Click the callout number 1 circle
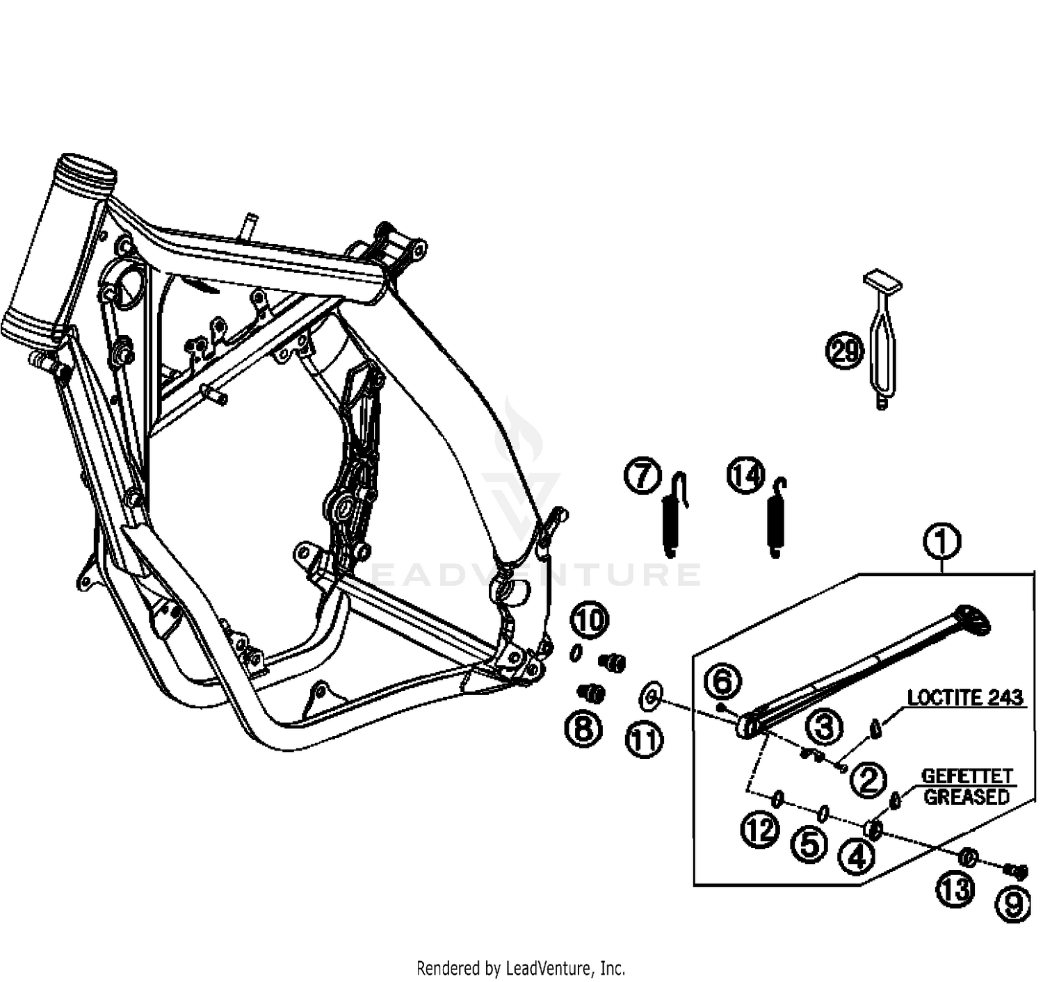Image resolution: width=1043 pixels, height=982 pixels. pos(942,542)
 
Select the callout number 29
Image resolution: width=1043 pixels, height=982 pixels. pos(844,351)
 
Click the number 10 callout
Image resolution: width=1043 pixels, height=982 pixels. pos(590,620)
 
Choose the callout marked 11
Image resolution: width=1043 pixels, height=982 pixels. pos(644,741)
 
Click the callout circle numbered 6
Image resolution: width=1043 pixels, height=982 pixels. pos(723,682)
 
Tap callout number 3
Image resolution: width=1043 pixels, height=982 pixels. pos(824,728)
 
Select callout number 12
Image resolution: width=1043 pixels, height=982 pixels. pos(760,829)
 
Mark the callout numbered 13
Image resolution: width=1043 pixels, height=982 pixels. pos(956,889)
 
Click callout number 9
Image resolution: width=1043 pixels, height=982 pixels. pos(1013,904)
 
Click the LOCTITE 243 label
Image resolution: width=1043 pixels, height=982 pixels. pos(966,697)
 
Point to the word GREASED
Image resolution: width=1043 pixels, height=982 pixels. pos(966,796)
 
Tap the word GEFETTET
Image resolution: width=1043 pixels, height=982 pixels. pos(966,776)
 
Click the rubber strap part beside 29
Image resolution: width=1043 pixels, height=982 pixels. pos(882,341)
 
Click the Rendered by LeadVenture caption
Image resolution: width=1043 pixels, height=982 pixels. pos(520,967)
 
